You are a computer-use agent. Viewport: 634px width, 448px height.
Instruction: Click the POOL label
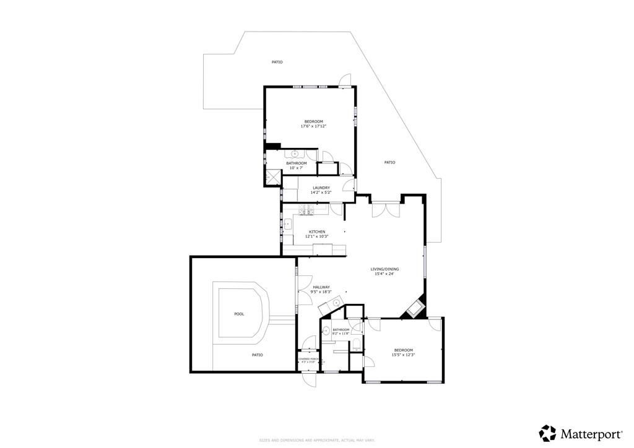coord(239,314)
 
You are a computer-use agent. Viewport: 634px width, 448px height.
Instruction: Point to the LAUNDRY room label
coord(321,187)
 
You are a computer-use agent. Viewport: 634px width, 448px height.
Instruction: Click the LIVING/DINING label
coord(384,269)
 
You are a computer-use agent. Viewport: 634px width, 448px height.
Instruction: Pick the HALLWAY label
coord(321,287)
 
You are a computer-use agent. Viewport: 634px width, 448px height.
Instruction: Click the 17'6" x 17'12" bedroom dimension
coord(313,126)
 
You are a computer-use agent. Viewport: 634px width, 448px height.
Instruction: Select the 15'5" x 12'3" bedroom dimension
coord(402,355)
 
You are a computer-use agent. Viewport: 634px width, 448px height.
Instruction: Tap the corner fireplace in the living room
coord(414,309)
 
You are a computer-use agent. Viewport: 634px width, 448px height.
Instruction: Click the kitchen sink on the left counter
coord(289,225)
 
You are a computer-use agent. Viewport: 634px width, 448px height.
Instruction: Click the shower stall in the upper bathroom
coord(271,178)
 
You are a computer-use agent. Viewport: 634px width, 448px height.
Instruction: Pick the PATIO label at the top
coord(277,62)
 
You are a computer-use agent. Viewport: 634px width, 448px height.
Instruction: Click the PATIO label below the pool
coord(257,355)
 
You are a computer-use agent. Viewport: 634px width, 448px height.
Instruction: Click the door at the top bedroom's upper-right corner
coord(347,80)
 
